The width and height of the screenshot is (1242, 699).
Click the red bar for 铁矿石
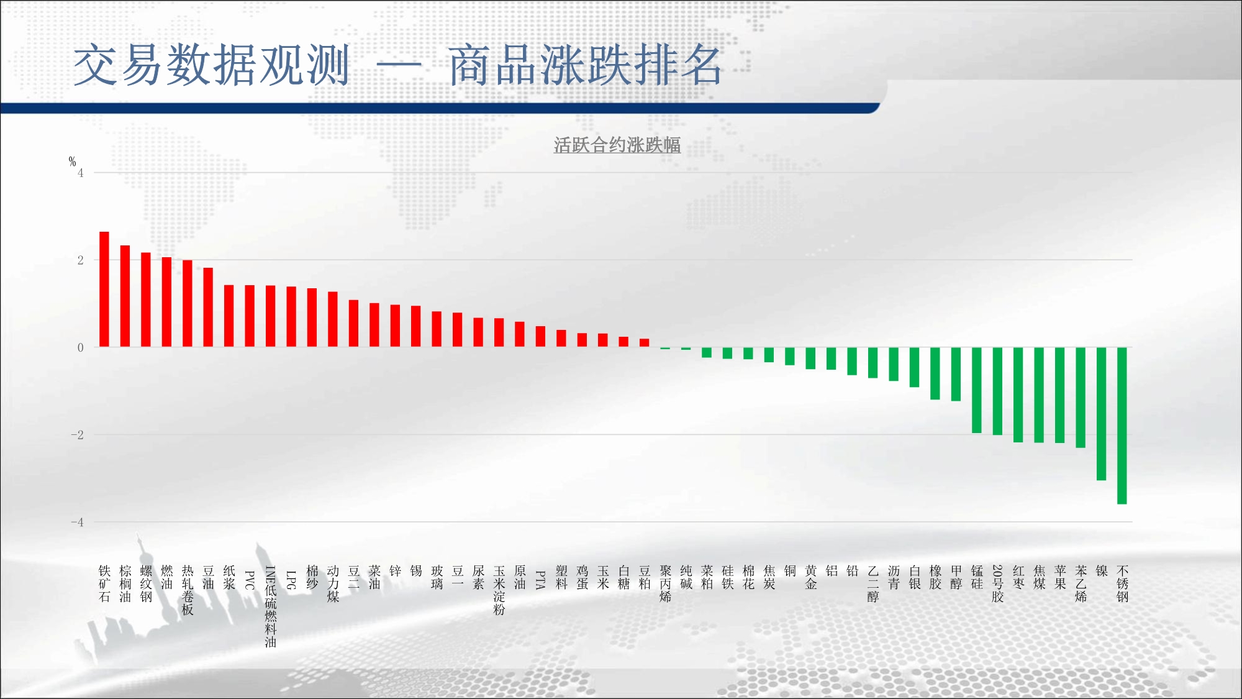(x=104, y=289)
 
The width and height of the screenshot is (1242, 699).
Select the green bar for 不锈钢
(x=1122, y=426)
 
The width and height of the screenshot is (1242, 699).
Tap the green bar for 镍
(x=1101, y=414)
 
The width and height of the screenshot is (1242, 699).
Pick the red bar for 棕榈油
(x=125, y=296)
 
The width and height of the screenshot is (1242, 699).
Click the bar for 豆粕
(x=645, y=342)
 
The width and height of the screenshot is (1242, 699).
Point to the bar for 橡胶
(x=935, y=373)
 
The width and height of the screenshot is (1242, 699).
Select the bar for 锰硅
(x=977, y=390)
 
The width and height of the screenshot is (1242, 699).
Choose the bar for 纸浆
(x=229, y=316)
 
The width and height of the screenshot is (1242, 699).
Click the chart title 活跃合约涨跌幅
(x=617, y=145)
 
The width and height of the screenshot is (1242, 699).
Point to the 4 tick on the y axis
(x=81, y=173)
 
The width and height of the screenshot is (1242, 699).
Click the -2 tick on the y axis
(x=77, y=435)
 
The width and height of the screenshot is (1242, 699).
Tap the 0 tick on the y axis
(x=81, y=348)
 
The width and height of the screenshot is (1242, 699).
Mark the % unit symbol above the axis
(x=72, y=162)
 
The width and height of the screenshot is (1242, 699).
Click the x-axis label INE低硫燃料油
(x=271, y=606)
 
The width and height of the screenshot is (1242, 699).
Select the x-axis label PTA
(x=541, y=580)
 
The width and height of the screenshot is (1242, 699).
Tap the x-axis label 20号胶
(x=998, y=583)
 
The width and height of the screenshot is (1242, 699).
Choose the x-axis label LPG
(x=291, y=580)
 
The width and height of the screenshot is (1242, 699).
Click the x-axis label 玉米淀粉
(x=499, y=590)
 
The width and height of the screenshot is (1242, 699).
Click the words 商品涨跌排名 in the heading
(x=585, y=65)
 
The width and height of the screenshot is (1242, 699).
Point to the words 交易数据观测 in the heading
(x=212, y=65)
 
